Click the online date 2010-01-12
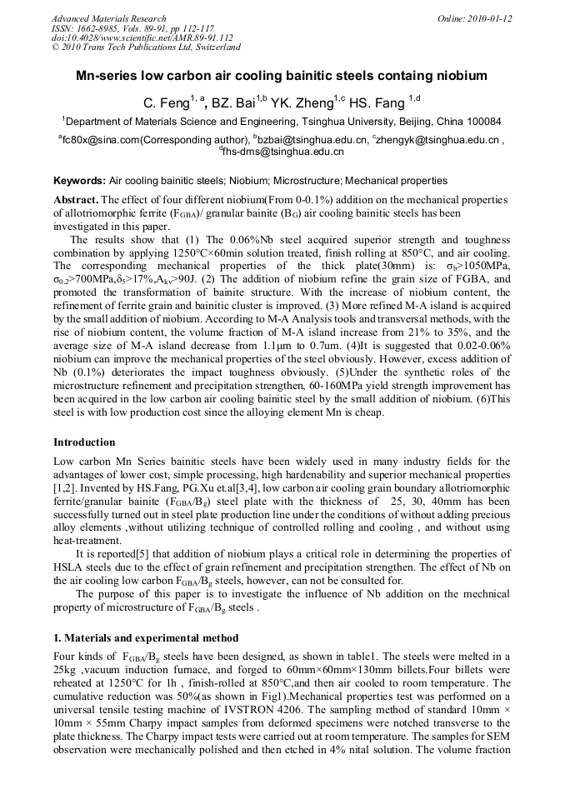489,18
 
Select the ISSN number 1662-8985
96,27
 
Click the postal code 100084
482,122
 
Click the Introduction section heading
84,442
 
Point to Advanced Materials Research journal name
108,18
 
